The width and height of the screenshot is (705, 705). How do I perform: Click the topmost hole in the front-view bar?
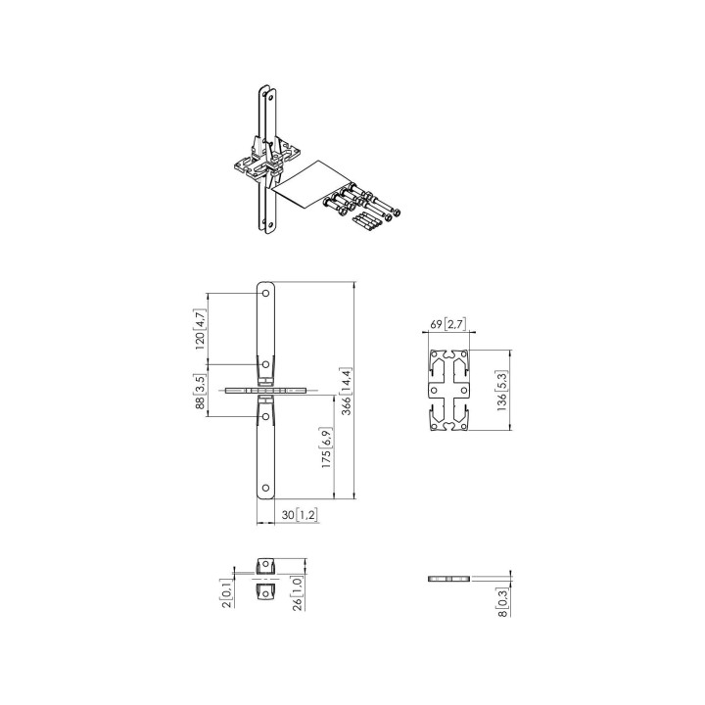pyautogui.click(x=265, y=293)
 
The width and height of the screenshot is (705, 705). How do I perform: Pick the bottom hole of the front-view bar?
pyautogui.click(x=265, y=488)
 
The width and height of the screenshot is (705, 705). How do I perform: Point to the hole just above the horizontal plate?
pyautogui.click(x=265, y=363)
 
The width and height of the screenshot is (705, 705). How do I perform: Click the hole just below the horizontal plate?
pyautogui.click(x=265, y=416)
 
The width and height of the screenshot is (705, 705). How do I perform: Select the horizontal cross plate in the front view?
pyautogui.click(x=266, y=390)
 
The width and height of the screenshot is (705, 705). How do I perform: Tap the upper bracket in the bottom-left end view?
pyautogui.click(x=265, y=566)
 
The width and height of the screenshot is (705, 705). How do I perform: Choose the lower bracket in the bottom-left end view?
pyautogui.click(x=265, y=592)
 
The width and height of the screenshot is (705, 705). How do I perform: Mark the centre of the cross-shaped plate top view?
pyautogui.click(x=449, y=391)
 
